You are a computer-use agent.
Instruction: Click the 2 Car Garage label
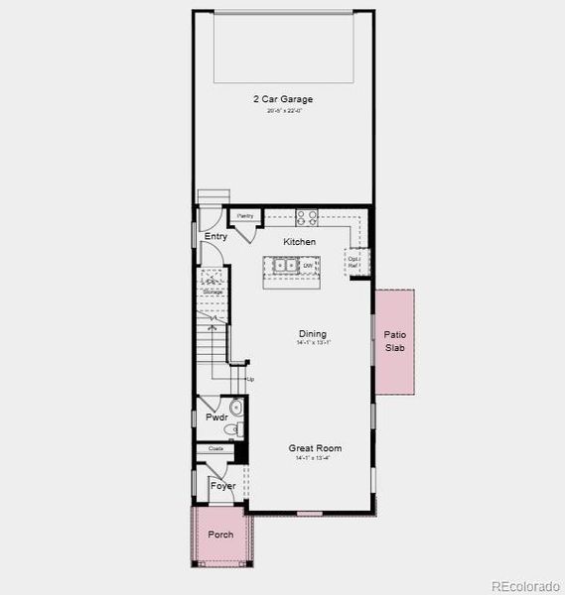pos(282,99)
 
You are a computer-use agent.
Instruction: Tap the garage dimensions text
pos(282,111)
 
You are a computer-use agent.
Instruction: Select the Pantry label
pos(244,216)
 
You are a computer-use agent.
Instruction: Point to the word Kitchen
pos(299,242)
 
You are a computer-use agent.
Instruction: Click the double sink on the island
pos(285,266)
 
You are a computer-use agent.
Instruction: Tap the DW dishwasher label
pos(308,266)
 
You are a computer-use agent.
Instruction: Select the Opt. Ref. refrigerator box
pos(353,262)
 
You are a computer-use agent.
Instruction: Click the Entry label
pos(215,237)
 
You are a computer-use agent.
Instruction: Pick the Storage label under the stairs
pos(212,293)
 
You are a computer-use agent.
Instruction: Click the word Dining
pos(312,334)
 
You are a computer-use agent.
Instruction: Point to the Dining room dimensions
pos(312,343)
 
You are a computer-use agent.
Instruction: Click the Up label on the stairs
pos(250,380)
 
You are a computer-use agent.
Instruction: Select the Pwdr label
pos(216,417)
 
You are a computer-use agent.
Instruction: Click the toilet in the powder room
pos(236,409)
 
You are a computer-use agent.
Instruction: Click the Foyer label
pos(223,486)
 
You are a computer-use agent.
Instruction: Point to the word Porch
pos(220,535)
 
